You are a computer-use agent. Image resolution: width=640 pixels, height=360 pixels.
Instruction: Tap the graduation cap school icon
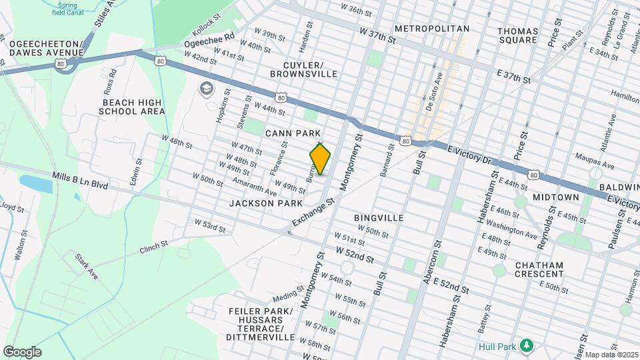click(206, 89)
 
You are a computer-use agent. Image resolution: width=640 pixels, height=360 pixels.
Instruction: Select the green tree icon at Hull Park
click(527, 345)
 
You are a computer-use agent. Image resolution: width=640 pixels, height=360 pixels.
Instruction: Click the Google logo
click(22, 352)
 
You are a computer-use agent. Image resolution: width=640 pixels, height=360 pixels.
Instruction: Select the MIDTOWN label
click(555, 197)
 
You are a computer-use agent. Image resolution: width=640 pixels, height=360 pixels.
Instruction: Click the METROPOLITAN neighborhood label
click(432, 29)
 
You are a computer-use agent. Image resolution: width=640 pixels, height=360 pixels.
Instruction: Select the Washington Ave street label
click(516, 231)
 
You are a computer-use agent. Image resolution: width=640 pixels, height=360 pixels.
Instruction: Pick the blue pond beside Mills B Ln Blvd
click(37, 183)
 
